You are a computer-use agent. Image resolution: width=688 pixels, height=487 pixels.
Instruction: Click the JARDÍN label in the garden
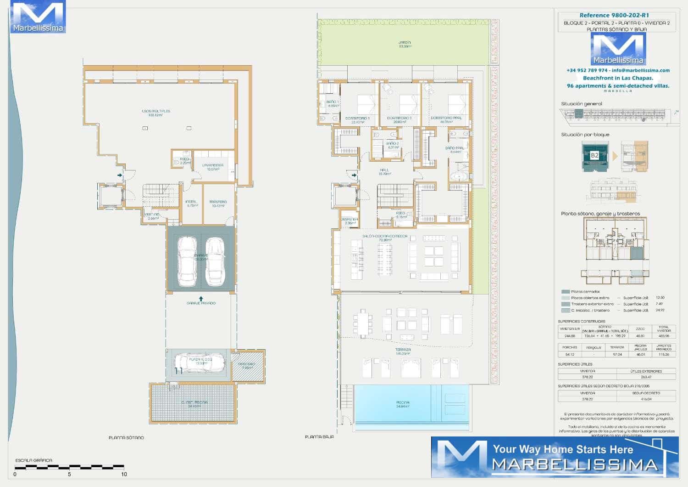coord(405,42)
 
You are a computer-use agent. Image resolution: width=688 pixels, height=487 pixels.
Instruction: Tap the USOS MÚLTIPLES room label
coord(155,111)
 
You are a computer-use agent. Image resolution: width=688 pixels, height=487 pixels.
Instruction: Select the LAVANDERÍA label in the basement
coord(213,165)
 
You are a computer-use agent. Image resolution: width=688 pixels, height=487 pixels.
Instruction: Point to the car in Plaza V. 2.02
coord(200,362)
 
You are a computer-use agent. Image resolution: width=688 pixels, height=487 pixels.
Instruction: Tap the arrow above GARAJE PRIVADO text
coord(201,299)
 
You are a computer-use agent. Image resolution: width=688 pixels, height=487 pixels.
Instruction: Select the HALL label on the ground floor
coord(384,170)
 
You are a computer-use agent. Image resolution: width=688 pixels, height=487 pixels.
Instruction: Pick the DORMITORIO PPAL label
coord(445,118)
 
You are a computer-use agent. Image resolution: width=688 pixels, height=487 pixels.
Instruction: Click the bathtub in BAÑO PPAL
coord(458,176)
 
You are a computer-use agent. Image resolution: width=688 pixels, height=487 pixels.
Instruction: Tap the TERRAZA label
coord(403,350)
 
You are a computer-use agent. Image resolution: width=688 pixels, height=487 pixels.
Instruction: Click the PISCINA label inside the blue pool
coord(403,403)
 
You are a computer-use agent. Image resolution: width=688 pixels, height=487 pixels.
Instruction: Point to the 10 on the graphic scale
coord(124,474)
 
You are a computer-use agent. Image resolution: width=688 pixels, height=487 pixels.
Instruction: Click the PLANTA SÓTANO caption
coord(126,438)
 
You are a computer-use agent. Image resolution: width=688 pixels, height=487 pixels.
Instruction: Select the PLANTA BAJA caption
coord(319,437)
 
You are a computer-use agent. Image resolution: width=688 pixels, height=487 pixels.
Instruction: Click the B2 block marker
coord(594,155)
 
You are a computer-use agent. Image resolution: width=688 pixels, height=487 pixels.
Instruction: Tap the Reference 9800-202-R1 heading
coord(614,15)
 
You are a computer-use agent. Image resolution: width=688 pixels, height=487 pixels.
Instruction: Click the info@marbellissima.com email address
coord(640,70)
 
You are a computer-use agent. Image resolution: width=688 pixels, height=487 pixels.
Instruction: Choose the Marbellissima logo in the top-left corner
coord(38,17)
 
